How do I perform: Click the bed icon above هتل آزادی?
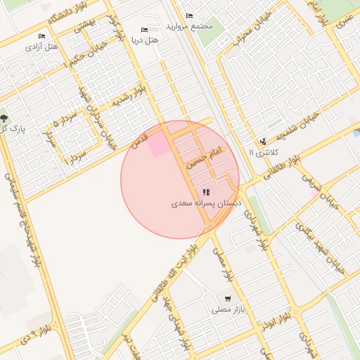coord(41,37)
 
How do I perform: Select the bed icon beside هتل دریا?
coord(144,30)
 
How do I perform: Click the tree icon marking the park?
coord(5,117)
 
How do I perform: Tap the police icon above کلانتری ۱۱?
coord(263,141)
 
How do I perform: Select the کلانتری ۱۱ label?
coord(264,152)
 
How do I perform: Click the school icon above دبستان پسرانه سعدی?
coord(205,191)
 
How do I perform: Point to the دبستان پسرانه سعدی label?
coord(206,202)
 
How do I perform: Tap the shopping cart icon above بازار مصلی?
coord(226,298)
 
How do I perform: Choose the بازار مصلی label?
coord(226,309)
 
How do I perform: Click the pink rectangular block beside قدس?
coord(157,143)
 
